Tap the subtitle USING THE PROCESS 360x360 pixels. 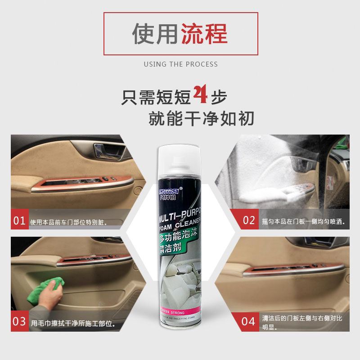(x=180, y=64)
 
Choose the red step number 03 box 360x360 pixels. (x=19, y=322)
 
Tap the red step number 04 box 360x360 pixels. (x=249, y=322)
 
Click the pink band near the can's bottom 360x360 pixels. (x=180, y=311)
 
